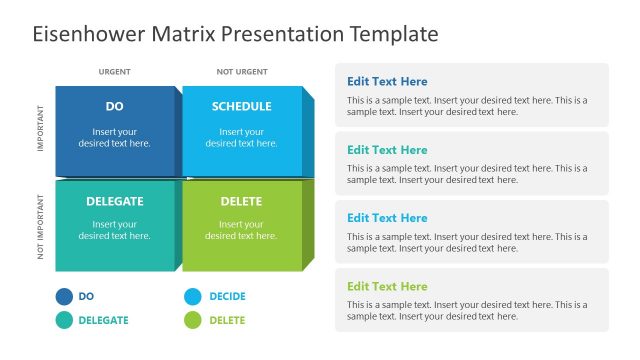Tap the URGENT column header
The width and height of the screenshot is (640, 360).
114,72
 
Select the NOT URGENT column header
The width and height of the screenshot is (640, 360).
241,72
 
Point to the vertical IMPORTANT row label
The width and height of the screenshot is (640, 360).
41,130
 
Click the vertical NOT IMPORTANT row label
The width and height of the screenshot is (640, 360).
41,227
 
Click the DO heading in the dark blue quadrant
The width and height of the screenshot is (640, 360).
114,106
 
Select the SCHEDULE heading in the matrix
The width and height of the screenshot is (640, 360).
241,106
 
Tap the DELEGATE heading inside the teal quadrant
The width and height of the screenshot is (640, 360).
114,201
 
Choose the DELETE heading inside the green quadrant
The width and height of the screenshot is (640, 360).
241,201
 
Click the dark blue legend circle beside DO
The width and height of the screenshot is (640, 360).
64,296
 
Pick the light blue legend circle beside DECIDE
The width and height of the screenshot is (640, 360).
192,296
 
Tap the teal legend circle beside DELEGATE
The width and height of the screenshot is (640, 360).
64,320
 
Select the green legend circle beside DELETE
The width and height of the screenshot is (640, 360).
192,320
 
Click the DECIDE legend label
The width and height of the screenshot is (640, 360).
227,297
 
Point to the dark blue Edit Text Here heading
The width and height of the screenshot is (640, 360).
387,81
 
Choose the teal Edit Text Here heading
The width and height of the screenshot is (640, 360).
387,150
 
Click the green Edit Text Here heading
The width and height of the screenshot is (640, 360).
387,286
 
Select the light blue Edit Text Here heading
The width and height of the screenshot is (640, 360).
387,218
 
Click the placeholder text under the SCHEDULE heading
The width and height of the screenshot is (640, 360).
241,137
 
